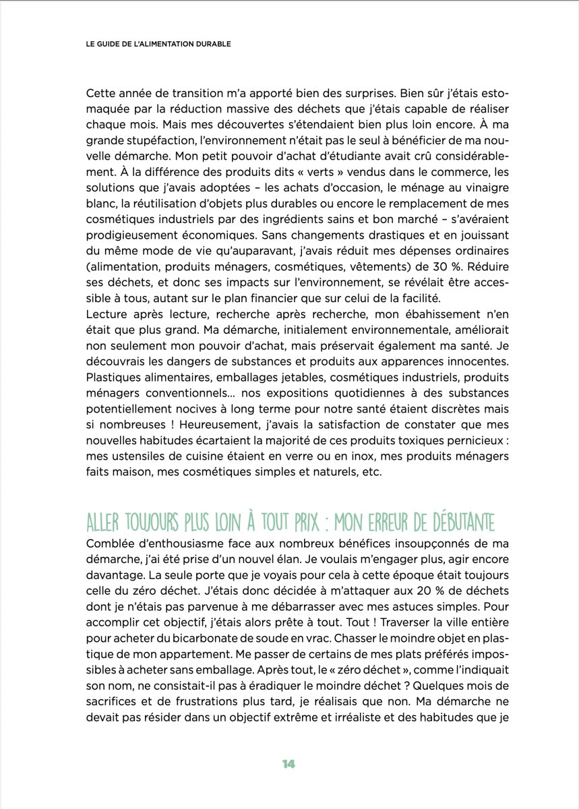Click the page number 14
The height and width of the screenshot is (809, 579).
coord(289,764)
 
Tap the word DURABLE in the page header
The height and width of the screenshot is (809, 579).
coord(210,44)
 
